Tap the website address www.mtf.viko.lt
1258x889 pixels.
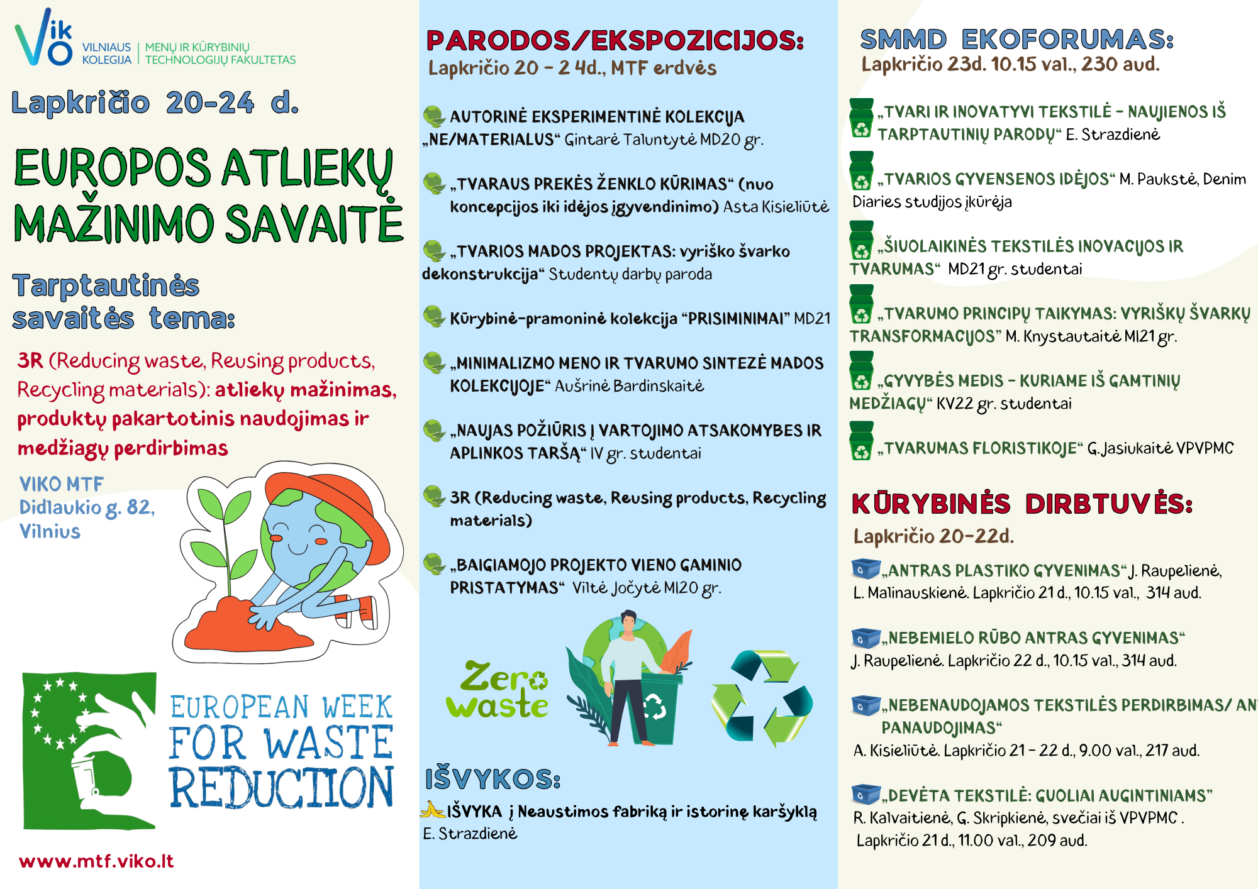pos(96,861)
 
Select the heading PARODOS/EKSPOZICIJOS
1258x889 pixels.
pos(615,40)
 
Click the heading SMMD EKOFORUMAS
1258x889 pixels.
pos(1016,39)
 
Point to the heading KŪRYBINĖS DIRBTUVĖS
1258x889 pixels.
pos(1021,504)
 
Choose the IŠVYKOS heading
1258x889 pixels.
pos(493,779)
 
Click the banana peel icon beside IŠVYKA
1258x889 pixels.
pos(433,810)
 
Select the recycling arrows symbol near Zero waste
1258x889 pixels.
pos(762,698)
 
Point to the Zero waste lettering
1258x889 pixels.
pos(497,690)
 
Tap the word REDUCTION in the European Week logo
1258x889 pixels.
pos(281,787)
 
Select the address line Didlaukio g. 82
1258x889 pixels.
pos(87,507)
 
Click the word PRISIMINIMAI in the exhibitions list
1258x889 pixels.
pos(735,319)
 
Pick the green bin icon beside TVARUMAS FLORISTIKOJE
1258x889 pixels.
pos(861,441)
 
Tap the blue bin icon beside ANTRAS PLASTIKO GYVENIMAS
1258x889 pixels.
pos(866,568)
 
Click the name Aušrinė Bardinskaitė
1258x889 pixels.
pos(629,385)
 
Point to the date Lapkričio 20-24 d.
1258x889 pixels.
pos(155,102)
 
